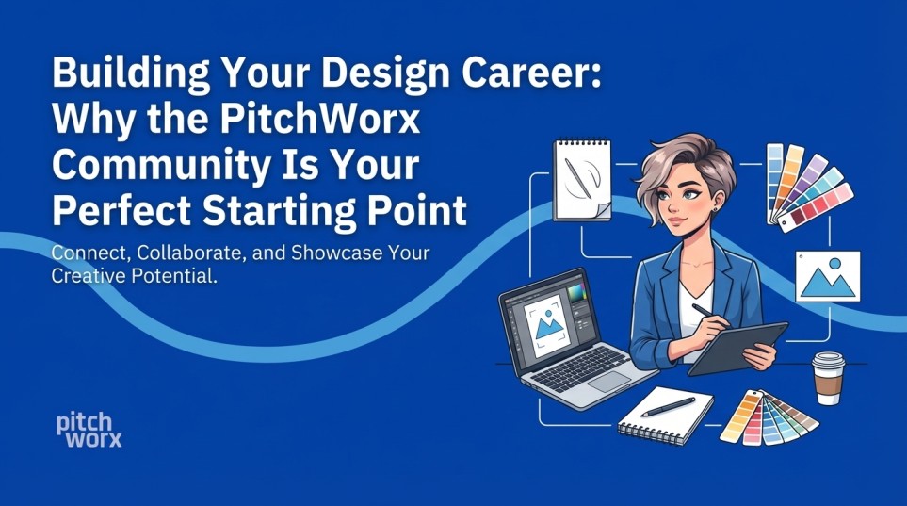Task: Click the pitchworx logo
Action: (89, 430)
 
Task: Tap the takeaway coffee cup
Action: (828, 376)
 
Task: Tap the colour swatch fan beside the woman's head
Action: (806, 184)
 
